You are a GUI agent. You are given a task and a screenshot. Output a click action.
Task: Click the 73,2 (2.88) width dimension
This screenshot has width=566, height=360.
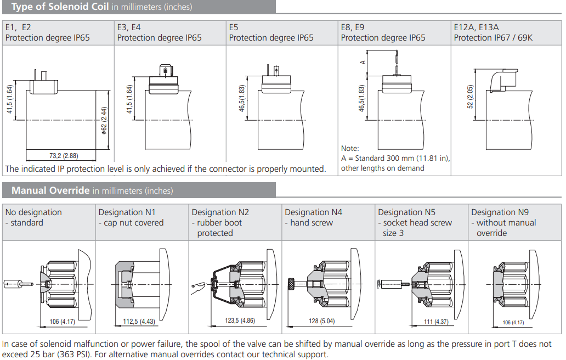point(64,156)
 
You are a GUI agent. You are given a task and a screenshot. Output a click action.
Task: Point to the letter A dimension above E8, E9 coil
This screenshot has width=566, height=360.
point(363,61)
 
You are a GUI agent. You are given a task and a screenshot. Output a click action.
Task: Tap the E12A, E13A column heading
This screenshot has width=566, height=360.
point(476,27)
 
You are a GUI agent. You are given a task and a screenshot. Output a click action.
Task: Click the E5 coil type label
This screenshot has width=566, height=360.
point(234,27)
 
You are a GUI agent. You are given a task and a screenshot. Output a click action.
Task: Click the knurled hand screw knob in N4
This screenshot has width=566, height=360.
point(291,283)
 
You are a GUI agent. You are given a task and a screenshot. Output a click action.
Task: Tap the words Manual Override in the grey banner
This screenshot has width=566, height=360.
point(50,190)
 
